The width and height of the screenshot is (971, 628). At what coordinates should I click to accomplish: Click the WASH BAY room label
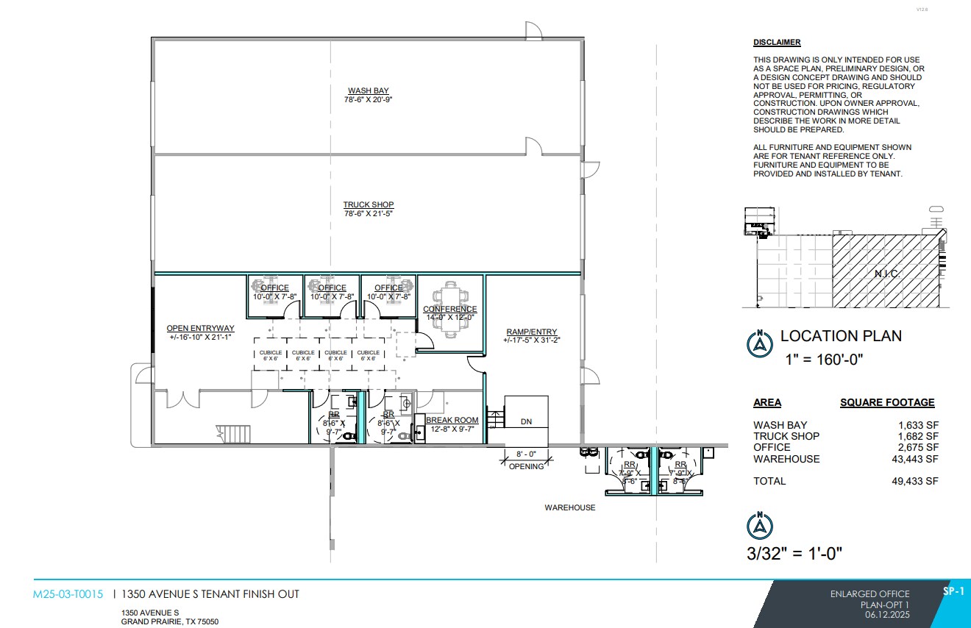[x=368, y=91]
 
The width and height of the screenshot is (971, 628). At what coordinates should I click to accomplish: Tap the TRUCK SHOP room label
[x=368, y=205]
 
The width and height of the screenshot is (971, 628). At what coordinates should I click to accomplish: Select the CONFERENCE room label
[x=449, y=310]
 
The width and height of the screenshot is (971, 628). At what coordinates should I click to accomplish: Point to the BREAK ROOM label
[x=452, y=421]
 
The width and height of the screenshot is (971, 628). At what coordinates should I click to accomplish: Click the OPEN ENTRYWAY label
[x=200, y=329]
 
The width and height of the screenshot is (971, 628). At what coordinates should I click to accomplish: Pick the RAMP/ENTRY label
[x=531, y=332]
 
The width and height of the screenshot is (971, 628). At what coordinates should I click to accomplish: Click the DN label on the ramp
[x=526, y=422]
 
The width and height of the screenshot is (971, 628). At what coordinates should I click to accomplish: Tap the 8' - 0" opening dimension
[x=527, y=454]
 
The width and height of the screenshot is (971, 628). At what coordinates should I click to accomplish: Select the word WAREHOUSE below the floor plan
[x=569, y=508]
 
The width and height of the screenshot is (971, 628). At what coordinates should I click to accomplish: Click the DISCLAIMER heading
[x=777, y=43]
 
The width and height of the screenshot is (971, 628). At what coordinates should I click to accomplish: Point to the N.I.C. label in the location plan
[x=887, y=273]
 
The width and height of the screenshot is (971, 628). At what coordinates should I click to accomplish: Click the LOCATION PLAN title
[x=841, y=336]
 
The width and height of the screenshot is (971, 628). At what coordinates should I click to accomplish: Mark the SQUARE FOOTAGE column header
[x=887, y=403]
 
